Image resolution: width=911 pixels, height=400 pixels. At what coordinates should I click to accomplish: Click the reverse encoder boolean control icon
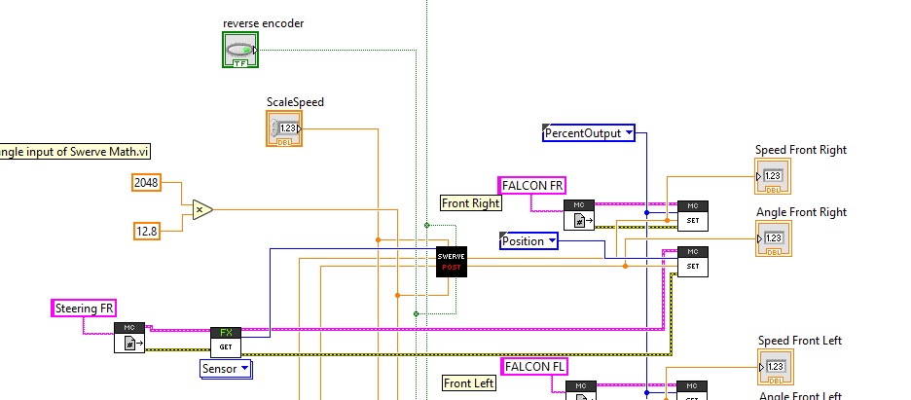pos(240,50)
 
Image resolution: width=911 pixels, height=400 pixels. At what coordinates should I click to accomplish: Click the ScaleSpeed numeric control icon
pos(285,127)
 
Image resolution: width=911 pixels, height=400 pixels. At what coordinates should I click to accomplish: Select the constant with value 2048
pos(149,182)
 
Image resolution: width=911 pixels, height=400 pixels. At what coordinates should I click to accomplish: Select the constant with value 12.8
pos(149,230)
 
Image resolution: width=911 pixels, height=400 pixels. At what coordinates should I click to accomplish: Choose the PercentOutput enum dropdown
pos(588,132)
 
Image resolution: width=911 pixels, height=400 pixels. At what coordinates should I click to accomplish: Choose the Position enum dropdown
pos(528,240)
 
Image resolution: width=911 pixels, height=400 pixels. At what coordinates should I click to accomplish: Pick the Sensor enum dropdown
pos(225,368)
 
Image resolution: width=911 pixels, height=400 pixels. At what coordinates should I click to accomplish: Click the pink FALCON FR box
pos(532,185)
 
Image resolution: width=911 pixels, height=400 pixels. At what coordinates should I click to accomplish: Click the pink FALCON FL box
pos(533,366)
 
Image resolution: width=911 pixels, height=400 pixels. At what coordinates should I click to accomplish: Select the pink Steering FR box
pos(84,309)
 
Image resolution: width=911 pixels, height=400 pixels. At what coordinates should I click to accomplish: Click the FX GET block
pos(225,340)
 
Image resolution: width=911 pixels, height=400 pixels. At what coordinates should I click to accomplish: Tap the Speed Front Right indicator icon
pos(773,176)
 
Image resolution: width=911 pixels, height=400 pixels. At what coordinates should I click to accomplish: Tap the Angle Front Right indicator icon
pos(774,238)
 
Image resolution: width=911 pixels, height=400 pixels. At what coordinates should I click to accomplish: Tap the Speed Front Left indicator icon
pos(776,367)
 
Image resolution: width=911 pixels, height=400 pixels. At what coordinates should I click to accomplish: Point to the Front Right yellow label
pos(471,203)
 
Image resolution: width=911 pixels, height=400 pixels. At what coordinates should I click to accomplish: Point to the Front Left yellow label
pos(468,383)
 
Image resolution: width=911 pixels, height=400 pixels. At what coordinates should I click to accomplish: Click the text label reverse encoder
pos(263,23)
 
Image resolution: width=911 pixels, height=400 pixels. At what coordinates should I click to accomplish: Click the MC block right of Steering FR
pos(129,338)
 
